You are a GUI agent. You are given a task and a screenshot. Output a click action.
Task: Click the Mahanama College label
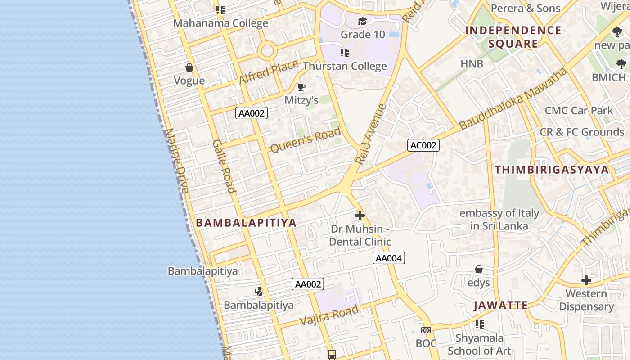220,23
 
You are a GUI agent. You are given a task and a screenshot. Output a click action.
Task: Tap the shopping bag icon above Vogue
189,67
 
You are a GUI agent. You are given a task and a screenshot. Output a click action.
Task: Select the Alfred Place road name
269,72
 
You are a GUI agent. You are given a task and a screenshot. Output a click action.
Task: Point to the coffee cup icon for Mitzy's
301,87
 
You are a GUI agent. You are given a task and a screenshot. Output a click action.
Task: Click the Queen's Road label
306,140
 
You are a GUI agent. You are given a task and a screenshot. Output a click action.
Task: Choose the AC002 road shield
423,145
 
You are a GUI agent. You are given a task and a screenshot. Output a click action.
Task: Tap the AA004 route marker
389,258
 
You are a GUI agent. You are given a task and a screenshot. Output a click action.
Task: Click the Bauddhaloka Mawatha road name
513,99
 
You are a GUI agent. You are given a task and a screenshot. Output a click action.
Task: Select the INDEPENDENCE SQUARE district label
513,37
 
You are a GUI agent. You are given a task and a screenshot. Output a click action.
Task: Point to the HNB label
472,64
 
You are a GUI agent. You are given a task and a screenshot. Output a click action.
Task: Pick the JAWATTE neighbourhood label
500,306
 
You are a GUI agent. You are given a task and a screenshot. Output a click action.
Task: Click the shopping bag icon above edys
479,269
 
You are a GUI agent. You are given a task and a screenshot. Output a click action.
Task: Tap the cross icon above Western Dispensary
586,280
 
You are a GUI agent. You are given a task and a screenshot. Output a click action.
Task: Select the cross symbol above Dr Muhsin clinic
360,215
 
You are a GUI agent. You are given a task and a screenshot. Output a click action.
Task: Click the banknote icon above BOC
426,330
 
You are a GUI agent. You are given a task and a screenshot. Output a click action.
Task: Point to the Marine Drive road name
176,161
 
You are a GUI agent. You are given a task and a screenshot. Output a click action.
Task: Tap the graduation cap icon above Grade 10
362,21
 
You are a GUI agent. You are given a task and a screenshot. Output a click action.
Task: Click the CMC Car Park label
579,110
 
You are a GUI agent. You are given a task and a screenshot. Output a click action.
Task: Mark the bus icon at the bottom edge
332,354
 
